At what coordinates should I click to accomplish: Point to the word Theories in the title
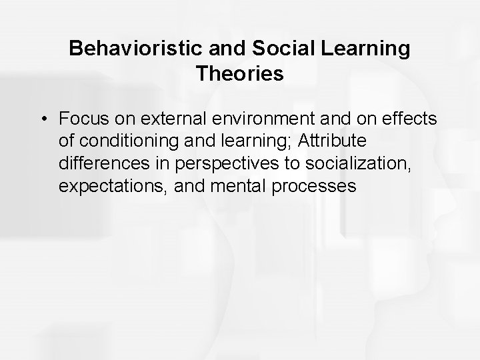tap(240, 74)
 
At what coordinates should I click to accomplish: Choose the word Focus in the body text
tap(81, 119)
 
